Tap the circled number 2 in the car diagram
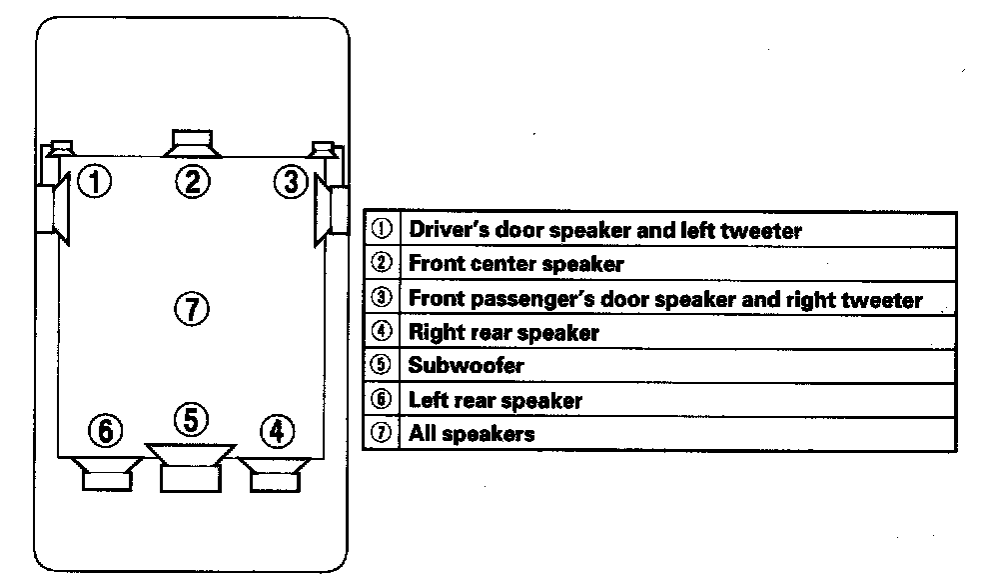click(193, 181)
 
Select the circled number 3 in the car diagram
click(290, 182)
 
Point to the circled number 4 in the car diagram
click(277, 431)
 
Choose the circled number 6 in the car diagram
click(105, 431)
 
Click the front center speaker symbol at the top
click(193, 142)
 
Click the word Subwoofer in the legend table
click(466, 365)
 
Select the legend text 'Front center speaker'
click(515, 264)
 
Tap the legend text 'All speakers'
click(472, 434)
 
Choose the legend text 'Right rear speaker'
click(503, 332)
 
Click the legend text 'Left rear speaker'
click(495, 400)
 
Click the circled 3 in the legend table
click(381, 297)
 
